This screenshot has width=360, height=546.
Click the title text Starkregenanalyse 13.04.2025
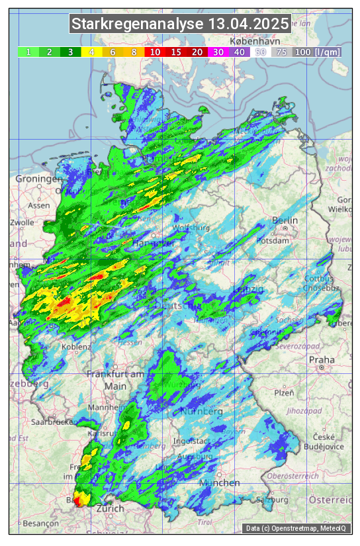pos(180,24)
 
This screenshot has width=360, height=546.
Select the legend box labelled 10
pos(154,52)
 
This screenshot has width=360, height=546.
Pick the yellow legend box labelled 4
pos(91,52)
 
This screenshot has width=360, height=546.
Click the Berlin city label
pos(285,220)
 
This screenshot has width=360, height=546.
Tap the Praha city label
pos(322,360)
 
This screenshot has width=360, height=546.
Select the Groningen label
pos(38,179)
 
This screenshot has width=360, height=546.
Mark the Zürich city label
pos(110,508)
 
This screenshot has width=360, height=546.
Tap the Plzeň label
pos(284,392)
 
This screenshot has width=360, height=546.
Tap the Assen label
pos(39,206)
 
